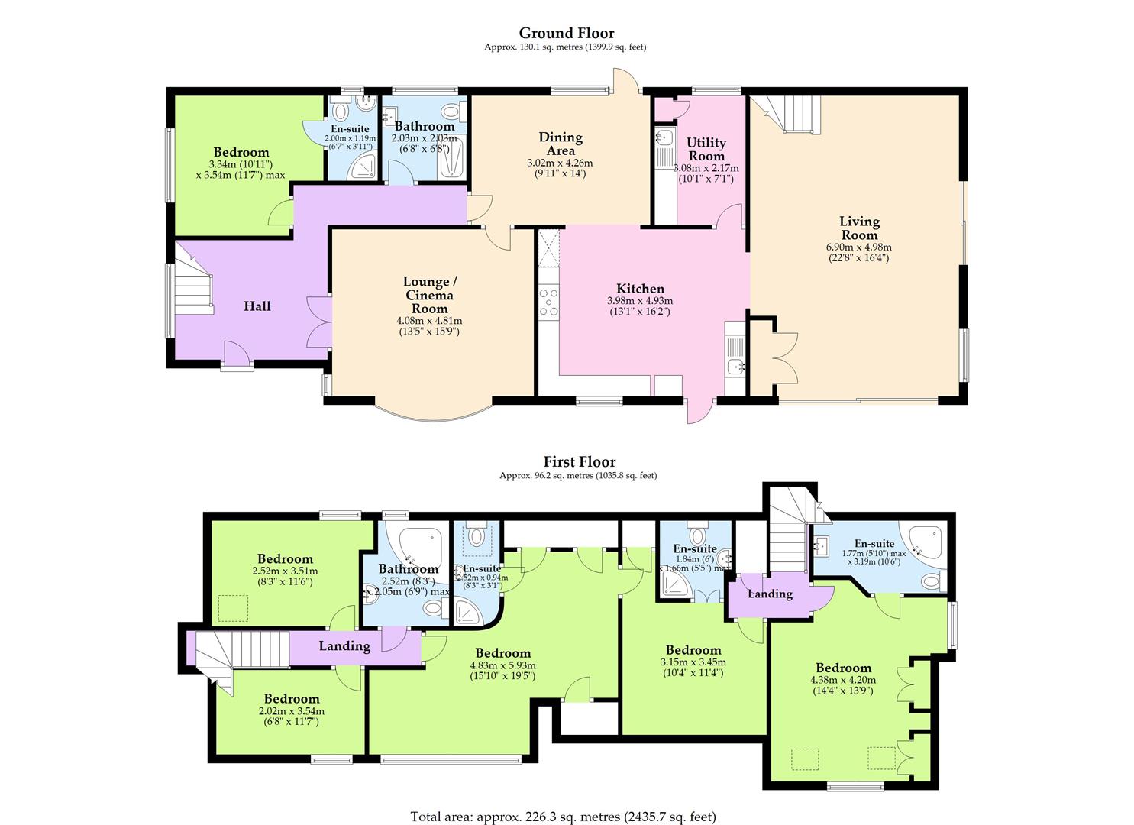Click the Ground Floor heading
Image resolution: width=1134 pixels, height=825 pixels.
pyautogui.click(x=567, y=33)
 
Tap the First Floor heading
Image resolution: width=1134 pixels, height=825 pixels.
pyautogui.click(x=579, y=461)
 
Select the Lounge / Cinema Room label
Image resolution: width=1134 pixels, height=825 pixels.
pyautogui.click(x=428, y=295)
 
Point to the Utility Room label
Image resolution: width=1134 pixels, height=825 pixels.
pyautogui.click(x=706, y=149)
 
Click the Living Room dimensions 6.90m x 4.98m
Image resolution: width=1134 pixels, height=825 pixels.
pyautogui.click(x=859, y=247)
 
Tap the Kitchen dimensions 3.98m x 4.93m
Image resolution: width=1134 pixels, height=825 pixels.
pyautogui.click(x=640, y=301)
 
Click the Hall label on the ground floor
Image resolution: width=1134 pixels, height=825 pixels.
pyautogui.click(x=257, y=306)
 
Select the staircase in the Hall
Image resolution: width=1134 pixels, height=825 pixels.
pyautogui.click(x=192, y=284)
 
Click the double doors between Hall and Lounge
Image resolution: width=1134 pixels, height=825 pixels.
pyautogui.click(x=319, y=321)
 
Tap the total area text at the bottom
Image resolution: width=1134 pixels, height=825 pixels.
pyautogui.click(x=563, y=816)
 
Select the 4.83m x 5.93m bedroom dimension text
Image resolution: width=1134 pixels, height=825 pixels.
pyautogui.click(x=502, y=665)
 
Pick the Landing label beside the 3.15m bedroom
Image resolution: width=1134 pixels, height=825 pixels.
pyautogui.click(x=770, y=594)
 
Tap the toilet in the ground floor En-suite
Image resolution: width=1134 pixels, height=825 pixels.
pyautogui.click(x=341, y=112)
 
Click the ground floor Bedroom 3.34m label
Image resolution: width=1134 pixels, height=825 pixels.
pyautogui.click(x=241, y=152)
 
